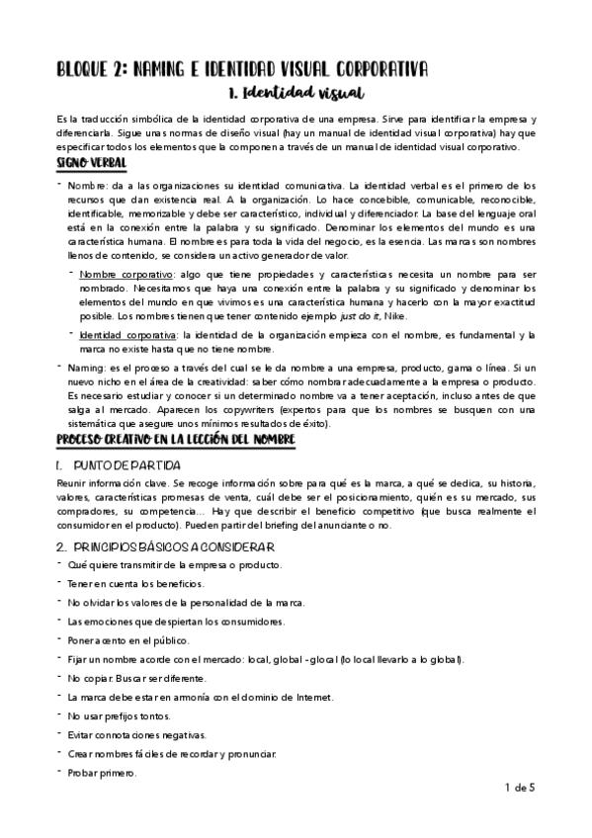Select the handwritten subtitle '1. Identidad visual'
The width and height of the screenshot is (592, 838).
pyautogui.click(x=296, y=94)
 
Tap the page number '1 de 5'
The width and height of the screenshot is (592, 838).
pyautogui.click(x=520, y=788)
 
